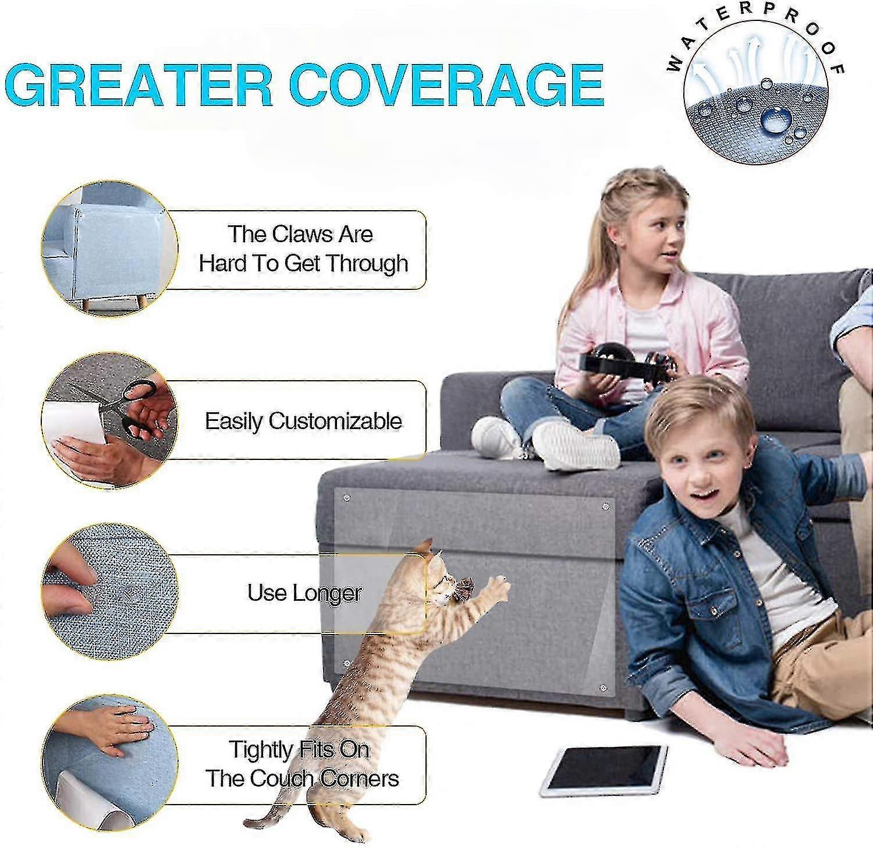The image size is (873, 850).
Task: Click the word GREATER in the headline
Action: (x=139, y=85)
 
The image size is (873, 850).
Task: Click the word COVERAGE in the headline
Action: (x=446, y=85)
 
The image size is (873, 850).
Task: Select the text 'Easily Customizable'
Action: (x=303, y=421)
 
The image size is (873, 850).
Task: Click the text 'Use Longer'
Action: (x=304, y=593)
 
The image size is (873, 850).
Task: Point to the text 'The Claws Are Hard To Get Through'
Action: (x=303, y=249)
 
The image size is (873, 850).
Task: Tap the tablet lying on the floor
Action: (x=604, y=770)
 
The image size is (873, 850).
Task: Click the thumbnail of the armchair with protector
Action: (x=109, y=249)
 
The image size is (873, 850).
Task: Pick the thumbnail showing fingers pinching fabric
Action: (x=109, y=593)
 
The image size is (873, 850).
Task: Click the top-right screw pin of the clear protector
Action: (x=606, y=506)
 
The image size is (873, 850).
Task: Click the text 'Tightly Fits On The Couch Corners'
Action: (x=303, y=764)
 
